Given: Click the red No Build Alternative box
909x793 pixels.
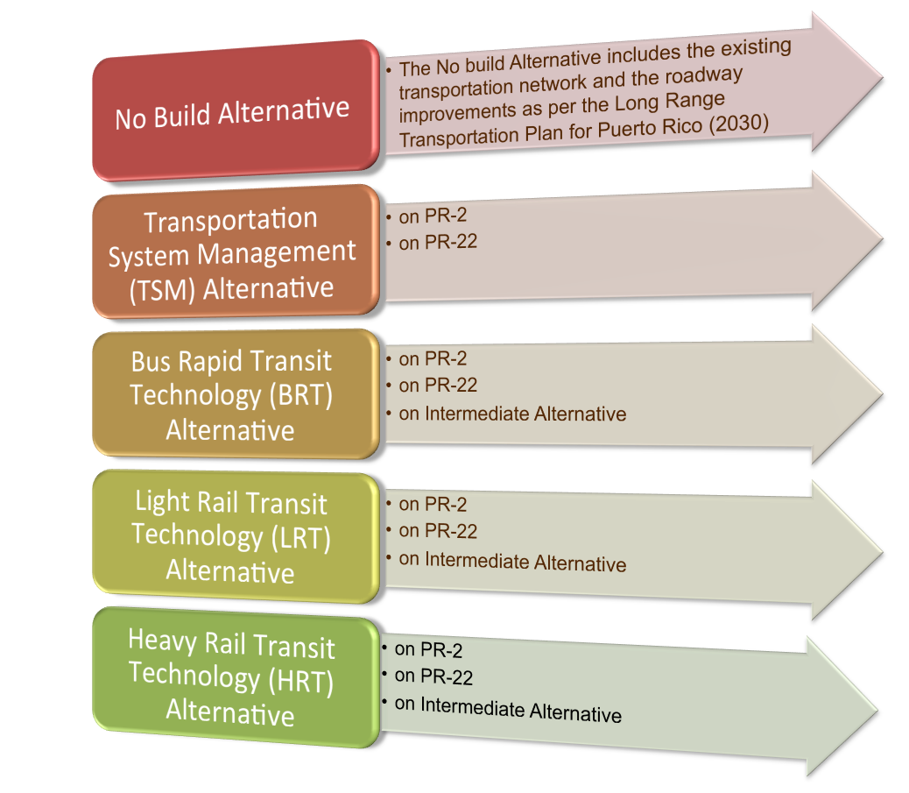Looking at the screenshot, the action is point(236,110).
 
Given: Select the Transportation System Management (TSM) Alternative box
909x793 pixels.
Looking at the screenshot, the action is point(236,251).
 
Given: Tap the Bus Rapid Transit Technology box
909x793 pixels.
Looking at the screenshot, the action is point(236,394).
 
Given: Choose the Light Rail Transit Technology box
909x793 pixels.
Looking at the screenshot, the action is point(236,536).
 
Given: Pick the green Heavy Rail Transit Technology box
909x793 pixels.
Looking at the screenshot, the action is point(236,677).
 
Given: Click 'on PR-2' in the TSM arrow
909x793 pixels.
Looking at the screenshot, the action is point(433,216).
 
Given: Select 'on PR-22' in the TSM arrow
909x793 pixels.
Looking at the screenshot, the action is point(438,242).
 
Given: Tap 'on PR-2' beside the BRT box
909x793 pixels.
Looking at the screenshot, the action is point(433,358).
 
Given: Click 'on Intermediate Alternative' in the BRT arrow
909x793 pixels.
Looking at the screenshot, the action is point(512,414).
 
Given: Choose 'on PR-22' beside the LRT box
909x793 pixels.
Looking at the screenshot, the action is point(438,530).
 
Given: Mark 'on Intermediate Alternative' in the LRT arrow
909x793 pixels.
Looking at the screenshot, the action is point(512,561).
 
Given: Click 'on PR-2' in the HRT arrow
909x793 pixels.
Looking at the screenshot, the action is point(428,649).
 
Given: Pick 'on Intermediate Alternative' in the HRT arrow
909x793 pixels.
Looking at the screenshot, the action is point(508,709).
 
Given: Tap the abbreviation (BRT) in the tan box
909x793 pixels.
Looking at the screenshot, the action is point(301,395).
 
